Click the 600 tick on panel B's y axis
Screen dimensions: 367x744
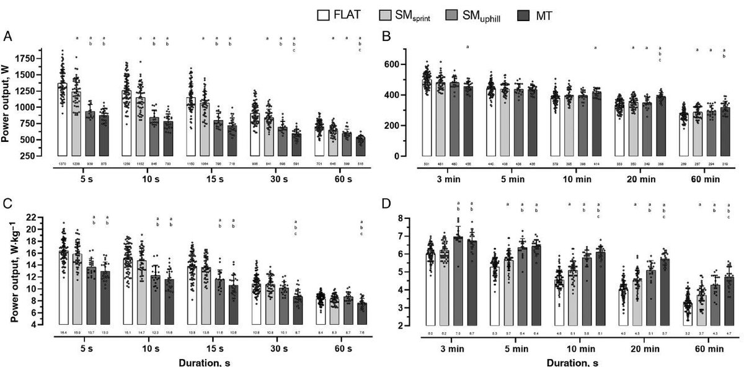pos(407,64)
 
